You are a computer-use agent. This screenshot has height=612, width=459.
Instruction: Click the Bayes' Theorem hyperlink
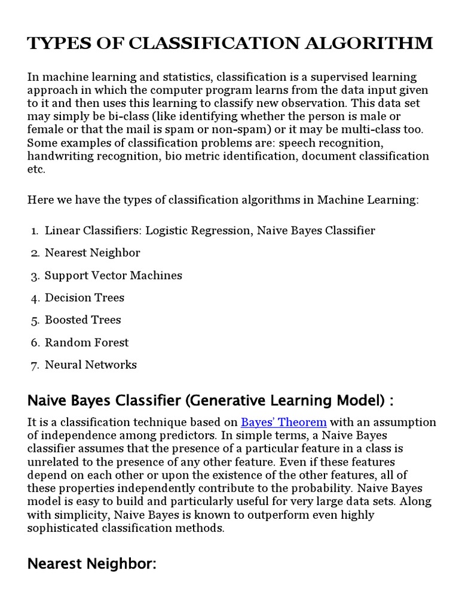(x=284, y=422)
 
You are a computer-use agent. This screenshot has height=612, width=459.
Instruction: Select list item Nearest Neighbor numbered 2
(x=92, y=253)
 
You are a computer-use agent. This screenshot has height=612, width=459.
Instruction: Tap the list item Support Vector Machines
(x=113, y=276)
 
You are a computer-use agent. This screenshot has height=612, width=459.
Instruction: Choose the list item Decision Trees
(x=84, y=298)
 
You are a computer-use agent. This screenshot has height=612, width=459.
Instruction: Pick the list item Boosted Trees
(x=82, y=320)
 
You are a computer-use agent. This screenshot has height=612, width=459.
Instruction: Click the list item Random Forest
(x=87, y=342)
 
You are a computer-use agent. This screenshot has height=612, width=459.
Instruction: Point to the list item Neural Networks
(x=90, y=365)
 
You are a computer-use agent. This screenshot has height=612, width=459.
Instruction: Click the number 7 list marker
(x=35, y=365)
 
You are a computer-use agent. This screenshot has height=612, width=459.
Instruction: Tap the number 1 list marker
(x=35, y=231)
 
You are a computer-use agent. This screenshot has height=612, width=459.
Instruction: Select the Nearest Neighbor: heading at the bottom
(x=92, y=564)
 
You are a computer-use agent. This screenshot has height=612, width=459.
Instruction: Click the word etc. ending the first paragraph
(x=36, y=169)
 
